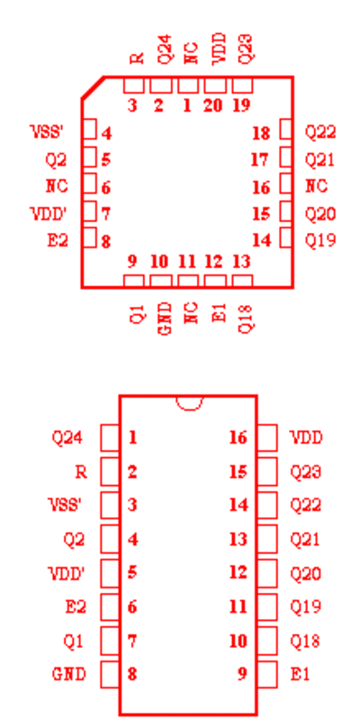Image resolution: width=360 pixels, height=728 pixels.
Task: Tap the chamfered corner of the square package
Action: click(x=93, y=87)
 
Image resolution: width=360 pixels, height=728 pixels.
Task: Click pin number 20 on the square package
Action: click(x=212, y=105)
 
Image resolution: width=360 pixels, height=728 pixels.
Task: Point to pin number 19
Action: click(x=241, y=105)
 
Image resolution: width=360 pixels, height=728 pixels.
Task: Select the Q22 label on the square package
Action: click(x=320, y=133)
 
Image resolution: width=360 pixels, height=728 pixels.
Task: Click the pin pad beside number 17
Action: click(x=285, y=157)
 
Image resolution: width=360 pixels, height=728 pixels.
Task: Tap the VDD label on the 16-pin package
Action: click(x=306, y=437)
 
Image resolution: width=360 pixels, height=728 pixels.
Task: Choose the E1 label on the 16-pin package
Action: click(x=300, y=674)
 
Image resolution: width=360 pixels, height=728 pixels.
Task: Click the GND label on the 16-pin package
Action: click(x=68, y=674)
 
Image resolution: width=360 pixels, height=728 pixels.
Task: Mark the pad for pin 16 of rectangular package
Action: click(x=267, y=437)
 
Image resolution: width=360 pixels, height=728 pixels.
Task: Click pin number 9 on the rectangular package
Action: click(x=241, y=674)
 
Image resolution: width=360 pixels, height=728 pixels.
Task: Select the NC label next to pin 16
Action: click(x=316, y=186)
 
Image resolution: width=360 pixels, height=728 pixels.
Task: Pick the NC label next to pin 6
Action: click(x=57, y=186)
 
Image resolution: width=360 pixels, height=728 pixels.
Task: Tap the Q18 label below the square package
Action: click(x=246, y=319)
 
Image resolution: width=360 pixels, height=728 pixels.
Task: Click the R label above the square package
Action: click(x=137, y=58)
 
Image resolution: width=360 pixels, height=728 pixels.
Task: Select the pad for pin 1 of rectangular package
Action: click(x=110, y=437)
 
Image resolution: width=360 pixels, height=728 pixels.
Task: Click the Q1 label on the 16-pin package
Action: click(x=74, y=642)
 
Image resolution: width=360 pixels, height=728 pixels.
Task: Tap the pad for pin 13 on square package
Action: click(x=242, y=281)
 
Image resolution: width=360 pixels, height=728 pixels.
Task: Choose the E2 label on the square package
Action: click(x=58, y=240)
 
